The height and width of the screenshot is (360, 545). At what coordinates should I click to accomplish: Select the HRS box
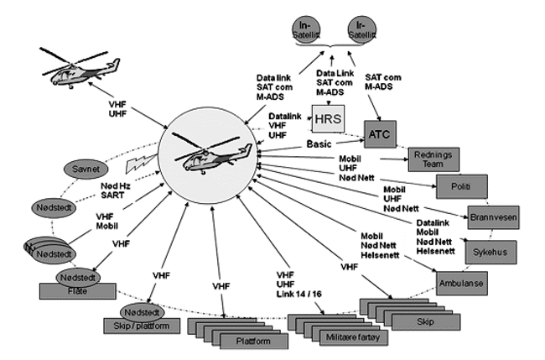click(326, 117)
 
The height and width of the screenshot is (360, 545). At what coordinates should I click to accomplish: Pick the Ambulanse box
click(461, 284)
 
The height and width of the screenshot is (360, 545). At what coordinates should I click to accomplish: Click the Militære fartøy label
click(332, 336)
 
